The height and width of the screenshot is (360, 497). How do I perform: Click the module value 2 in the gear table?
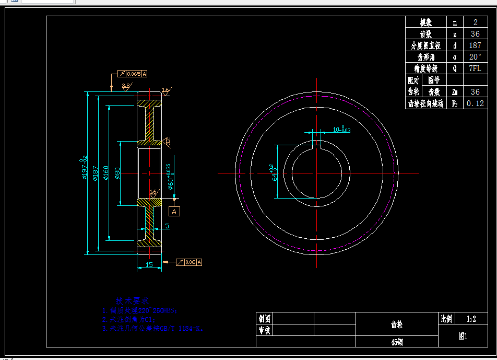tap(475, 22)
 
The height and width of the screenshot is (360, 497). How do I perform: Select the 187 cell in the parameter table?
tap(475, 45)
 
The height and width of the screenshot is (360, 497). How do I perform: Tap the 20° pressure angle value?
tap(475, 57)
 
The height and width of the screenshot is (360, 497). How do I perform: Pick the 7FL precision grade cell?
tap(475, 68)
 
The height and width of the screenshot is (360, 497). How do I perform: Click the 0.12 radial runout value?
tap(475, 103)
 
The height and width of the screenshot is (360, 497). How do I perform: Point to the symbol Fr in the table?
tap(455, 103)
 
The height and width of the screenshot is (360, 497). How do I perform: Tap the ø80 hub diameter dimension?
tap(118, 172)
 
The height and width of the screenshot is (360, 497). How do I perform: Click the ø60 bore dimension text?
tap(170, 178)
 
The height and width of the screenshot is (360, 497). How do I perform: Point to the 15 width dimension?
tap(149, 265)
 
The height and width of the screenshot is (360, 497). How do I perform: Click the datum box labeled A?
tap(175, 211)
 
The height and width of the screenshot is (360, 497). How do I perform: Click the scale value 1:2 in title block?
tap(464, 318)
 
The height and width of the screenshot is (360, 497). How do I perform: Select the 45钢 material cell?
tap(397, 342)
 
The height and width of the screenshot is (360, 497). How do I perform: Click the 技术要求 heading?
tap(132, 301)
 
